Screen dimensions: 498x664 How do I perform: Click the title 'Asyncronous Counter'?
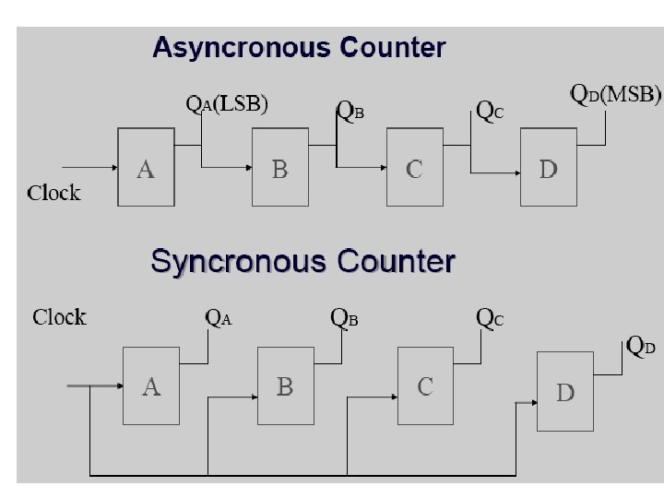[x=299, y=47]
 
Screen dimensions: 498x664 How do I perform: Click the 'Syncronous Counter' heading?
[x=302, y=262]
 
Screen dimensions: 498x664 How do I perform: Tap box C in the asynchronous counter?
[x=415, y=167]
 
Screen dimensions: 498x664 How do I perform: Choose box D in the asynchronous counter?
[x=550, y=167]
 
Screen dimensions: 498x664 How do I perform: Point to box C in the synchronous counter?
[x=426, y=385]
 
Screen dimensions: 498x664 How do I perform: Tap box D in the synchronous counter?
[x=566, y=393]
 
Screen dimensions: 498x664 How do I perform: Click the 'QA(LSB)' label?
[x=227, y=103]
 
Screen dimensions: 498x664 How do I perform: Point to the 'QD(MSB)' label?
[x=615, y=94]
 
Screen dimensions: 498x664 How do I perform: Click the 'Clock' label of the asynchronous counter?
[x=54, y=193]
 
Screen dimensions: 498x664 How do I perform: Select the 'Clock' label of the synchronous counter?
[x=60, y=317]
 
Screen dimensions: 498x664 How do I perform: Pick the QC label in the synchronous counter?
[x=490, y=318]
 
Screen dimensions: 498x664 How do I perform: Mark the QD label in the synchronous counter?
[x=642, y=347]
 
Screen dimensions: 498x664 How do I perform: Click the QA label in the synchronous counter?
[x=218, y=318]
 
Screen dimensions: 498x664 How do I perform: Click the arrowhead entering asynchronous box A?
[x=113, y=167]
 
